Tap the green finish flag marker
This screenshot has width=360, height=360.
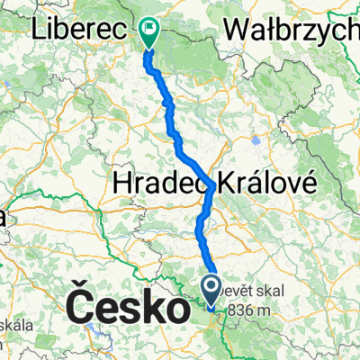(148, 33)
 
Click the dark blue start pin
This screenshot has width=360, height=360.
(212, 290)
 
